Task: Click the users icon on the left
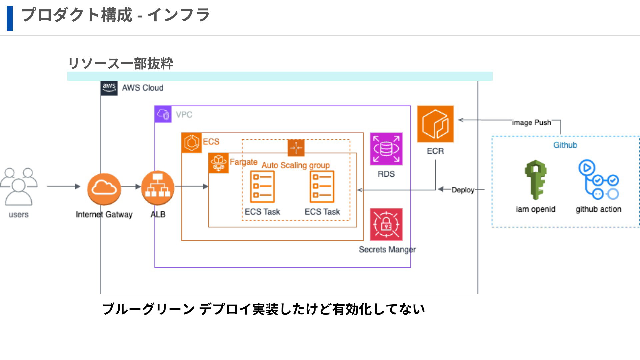click(19, 187)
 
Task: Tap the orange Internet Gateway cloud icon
click(104, 189)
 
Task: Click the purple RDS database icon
click(386, 149)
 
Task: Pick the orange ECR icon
click(435, 124)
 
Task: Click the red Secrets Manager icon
click(386, 224)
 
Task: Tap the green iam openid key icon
click(535, 180)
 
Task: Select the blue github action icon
click(599, 180)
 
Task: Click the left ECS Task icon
click(262, 187)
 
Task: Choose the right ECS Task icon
click(322, 187)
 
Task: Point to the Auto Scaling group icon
click(296, 148)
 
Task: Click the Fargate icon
click(218, 163)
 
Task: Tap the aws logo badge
click(109, 88)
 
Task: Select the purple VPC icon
click(163, 114)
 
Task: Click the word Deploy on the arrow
click(463, 190)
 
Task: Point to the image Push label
click(531, 122)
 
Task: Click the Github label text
click(565, 145)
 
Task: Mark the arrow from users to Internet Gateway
click(63, 186)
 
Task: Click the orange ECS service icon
click(192, 143)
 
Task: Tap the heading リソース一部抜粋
click(121, 63)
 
